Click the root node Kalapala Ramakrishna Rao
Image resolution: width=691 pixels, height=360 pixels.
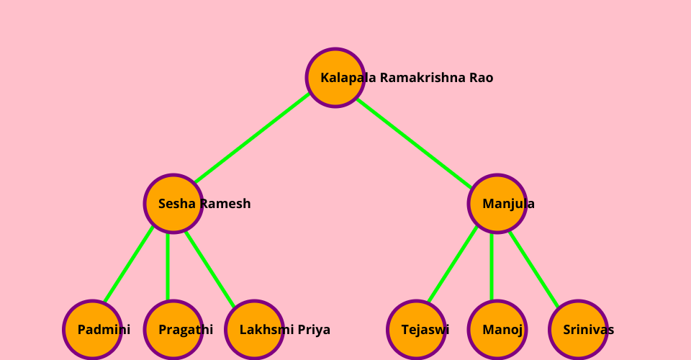(335, 78)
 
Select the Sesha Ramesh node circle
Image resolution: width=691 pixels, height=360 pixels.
(173, 204)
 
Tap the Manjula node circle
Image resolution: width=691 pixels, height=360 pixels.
(497, 204)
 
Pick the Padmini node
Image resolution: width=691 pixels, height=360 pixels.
(91, 330)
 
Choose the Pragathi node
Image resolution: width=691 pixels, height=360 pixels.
(173, 330)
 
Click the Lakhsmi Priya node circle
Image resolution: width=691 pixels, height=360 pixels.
(254, 330)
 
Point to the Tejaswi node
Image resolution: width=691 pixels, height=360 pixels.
(415, 330)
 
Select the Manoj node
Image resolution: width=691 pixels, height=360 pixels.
(497, 330)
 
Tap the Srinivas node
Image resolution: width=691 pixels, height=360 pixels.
(578, 330)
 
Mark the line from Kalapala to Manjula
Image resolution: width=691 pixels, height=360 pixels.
(416, 140)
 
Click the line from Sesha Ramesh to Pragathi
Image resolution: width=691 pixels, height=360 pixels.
(168, 266)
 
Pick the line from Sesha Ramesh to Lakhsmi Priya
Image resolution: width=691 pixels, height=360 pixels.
(209, 266)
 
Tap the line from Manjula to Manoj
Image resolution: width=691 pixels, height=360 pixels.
(492, 266)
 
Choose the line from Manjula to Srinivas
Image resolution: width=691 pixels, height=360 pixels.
(533, 266)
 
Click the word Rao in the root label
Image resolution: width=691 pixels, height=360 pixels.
(481, 78)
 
